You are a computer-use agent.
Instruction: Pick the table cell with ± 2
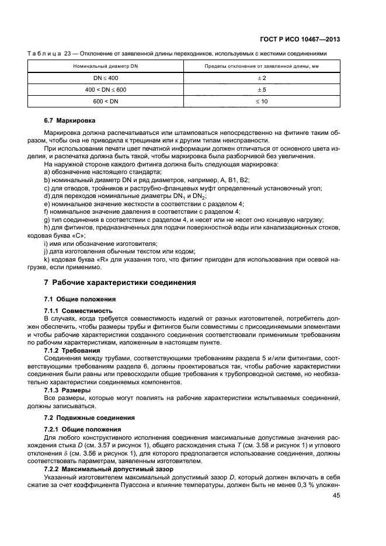tap(262, 78)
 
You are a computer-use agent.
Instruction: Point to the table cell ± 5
tap(262, 89)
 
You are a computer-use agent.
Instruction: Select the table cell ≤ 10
tap(262, 101)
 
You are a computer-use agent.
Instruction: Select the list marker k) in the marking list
tap(47, 259)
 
